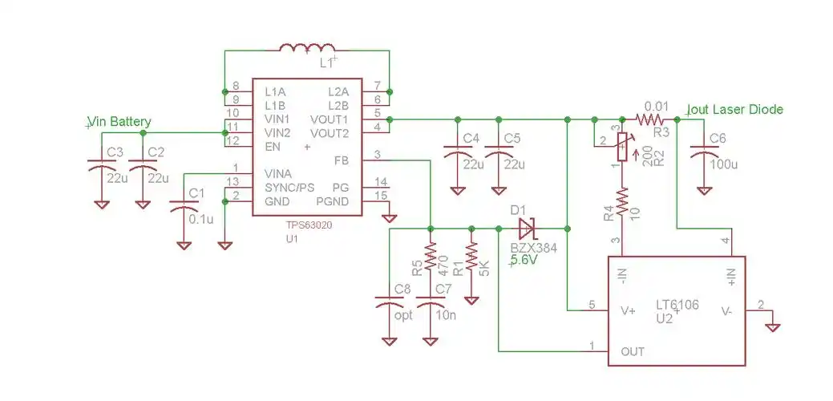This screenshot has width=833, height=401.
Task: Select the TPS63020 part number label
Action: pos(308,226)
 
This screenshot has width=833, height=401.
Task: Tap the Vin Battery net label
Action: pos(120,122)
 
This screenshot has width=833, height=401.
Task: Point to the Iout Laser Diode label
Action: pos(735,109)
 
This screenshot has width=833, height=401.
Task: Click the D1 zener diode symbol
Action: pos(527,228)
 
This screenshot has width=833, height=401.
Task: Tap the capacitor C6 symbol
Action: pos(704,152)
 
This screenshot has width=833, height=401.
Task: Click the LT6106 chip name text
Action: pos(678,305)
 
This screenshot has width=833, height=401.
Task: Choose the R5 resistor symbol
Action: pos(431,257)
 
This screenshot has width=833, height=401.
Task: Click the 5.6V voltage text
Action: pos(524,260)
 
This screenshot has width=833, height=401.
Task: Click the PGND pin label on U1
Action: pos(332,200)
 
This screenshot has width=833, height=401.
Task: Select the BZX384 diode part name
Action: pos(534,248)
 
